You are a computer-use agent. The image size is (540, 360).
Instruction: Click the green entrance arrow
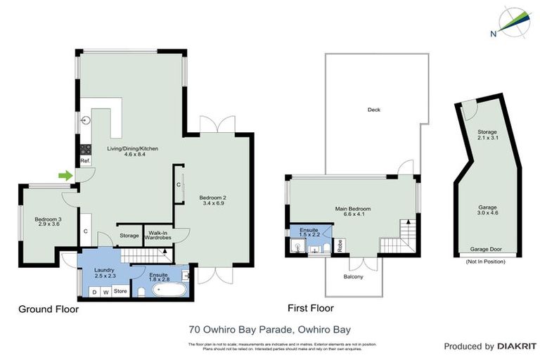(x=65, y=175)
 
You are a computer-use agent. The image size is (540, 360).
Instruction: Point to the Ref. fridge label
(x=84, y=161)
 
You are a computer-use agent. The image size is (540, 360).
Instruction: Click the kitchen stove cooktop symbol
(x=86, y=148)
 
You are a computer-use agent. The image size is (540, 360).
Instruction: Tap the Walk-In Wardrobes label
(x=158, y=235)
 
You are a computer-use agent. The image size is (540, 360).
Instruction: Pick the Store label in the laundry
(x=120, y=290)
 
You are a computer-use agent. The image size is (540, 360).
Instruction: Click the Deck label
(x=374, y=110)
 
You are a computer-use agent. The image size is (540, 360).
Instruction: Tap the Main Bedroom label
(x=353, y=210)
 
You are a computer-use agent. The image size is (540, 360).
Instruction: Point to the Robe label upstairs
(x=340, y=246)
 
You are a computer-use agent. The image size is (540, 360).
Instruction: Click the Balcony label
(x=354, y=277)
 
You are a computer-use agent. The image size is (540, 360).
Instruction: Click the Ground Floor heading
(x=49, y=309)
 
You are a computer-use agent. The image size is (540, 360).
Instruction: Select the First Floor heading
(x=311, y=308)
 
